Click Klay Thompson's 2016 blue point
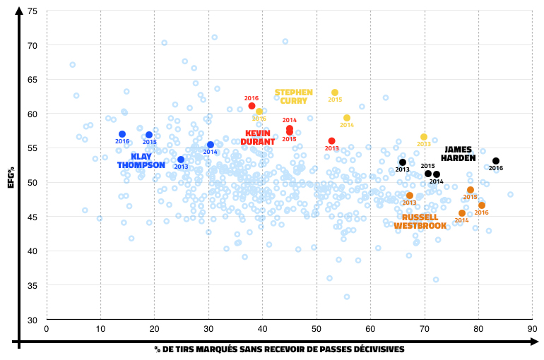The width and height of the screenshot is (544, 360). (122, 134)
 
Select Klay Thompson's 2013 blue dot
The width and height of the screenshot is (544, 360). (181, 160)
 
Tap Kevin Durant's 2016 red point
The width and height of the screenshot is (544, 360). (252, 106)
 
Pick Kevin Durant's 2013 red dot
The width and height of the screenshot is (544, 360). (331, 141)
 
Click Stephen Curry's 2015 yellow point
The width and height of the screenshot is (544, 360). (335, 92)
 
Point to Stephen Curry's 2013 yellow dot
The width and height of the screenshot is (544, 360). (424, 137)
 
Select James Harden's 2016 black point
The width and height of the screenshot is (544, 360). (496, 161)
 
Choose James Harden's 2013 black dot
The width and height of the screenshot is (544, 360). (403, 162)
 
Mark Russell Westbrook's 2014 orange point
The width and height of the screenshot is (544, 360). (462, 213)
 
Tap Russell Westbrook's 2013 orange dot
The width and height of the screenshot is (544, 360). (410, 196)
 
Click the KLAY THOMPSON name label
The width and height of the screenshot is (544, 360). (141, 161)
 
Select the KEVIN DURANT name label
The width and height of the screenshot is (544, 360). (258, 137)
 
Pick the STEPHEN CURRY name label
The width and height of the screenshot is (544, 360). (294, 96)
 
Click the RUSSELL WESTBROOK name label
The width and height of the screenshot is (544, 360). (420, 222)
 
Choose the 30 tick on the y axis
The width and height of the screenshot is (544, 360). (33, 319)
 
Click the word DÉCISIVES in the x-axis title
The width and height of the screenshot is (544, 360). (379, 349)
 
